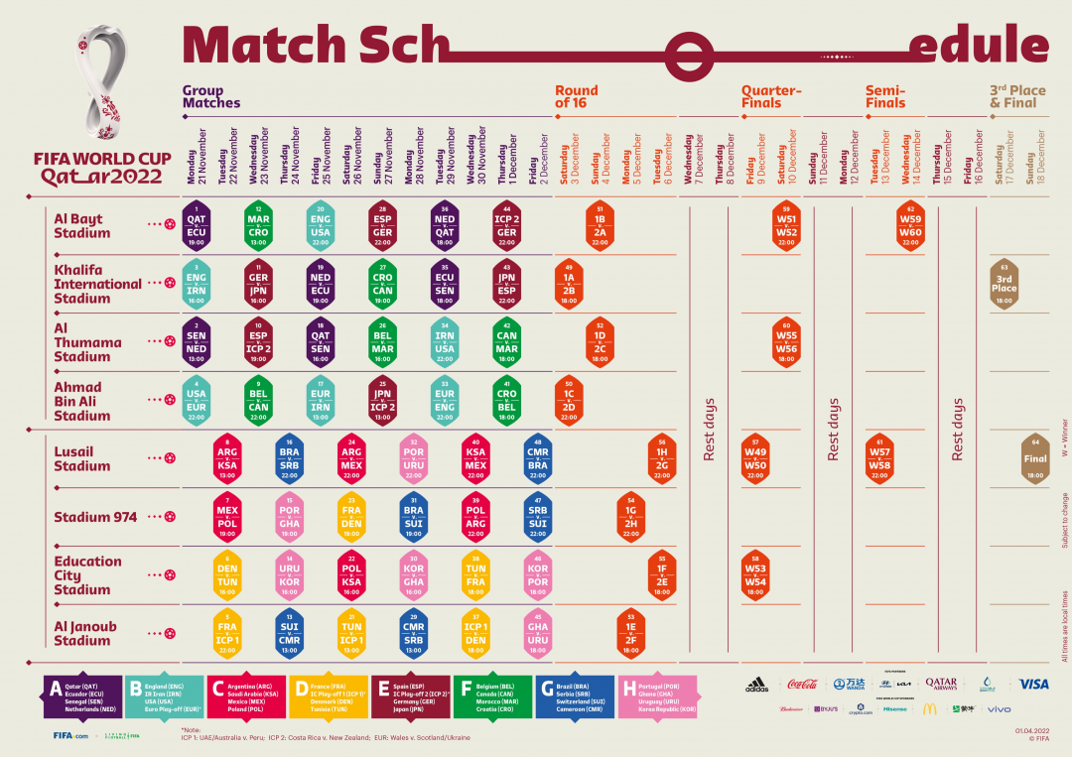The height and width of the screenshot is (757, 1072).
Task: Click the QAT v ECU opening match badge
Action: click(197, 225)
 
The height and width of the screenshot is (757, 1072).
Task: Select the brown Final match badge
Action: click(1034, 458)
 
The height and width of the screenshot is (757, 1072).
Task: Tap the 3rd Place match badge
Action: click(1004, 283)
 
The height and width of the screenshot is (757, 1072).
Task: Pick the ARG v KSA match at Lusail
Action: click(227, 458)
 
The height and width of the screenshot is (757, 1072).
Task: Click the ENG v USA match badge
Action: click(321, 225)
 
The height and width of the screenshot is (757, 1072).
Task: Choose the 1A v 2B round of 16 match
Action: click(569, 284)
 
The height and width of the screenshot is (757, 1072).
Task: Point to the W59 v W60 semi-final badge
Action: click(909, 225)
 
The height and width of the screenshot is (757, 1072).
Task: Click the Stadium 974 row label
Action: click(95, 517)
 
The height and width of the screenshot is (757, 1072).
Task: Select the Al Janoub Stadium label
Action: click(85, 633)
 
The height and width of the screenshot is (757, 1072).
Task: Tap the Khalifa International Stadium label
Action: click(97, 284)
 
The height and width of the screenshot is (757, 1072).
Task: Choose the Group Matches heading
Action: click(210, 96)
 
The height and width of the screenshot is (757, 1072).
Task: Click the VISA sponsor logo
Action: click(1033, 684)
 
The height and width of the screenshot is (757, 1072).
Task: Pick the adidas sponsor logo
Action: click(756, 685)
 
